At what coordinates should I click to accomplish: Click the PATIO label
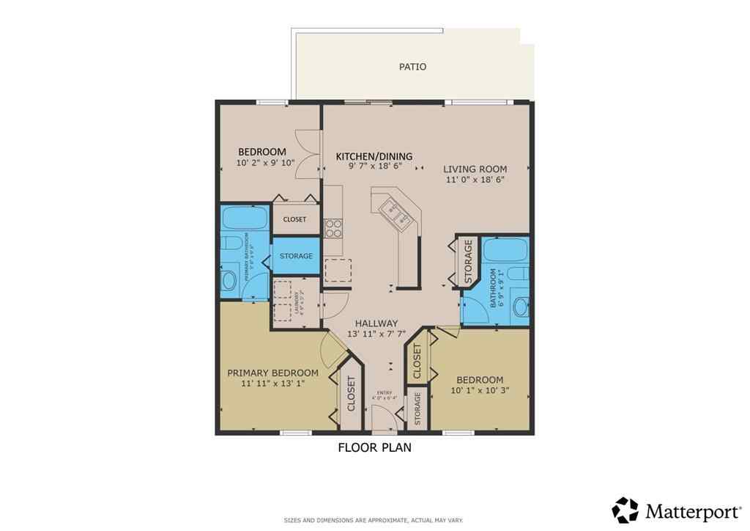412,67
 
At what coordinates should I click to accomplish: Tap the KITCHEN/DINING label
374,156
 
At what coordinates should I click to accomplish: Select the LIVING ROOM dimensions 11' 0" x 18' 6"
475,179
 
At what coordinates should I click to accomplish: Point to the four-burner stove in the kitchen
333,229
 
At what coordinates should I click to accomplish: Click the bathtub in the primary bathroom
245,219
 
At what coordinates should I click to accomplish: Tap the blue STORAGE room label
296,256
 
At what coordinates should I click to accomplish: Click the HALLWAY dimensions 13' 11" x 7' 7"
376,334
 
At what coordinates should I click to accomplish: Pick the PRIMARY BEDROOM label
272,373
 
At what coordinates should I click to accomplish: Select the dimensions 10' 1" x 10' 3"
480,391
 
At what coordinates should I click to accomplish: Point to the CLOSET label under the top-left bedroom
294,219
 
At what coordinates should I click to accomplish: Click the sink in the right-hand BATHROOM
521,307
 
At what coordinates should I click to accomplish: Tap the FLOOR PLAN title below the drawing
374,447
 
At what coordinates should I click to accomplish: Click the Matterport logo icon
625,510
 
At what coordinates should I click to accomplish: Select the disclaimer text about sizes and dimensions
374,521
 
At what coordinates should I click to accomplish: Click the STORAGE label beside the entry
417,409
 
